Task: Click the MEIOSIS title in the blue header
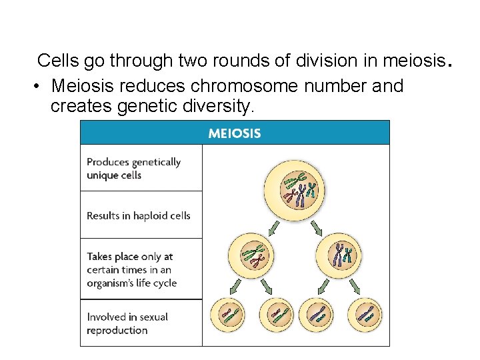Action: click(235, 133)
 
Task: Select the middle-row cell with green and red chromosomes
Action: click(251, 255)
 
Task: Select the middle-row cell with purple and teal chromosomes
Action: click(341, 255)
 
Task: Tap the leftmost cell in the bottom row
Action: click(228, 313)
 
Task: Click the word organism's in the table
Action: click(111, 283)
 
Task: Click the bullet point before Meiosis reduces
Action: click(39, 87)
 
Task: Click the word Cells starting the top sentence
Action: click(58, 61)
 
